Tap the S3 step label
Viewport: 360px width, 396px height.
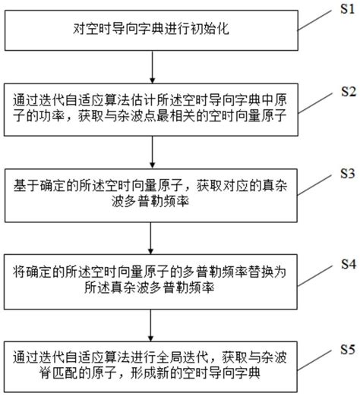click(x=346, y=174)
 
